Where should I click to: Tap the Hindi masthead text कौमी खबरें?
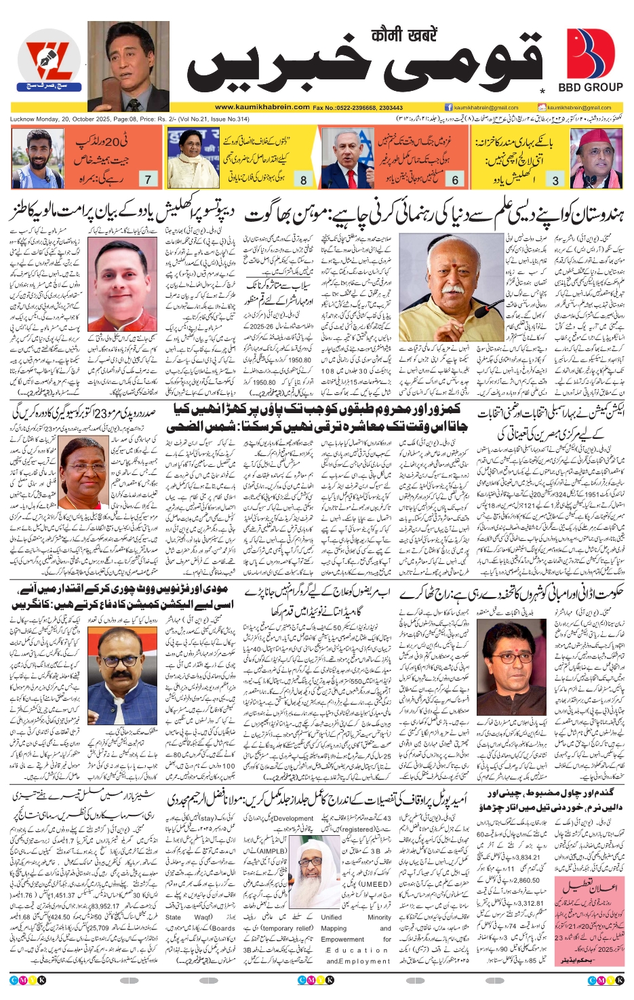click(404, 35)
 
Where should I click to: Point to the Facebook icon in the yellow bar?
click(448, 107)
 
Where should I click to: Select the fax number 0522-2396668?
click(360, 107)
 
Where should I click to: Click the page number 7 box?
click(148, 179)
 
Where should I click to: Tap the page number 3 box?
click(556, 180)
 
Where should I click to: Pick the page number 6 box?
click(455, 180)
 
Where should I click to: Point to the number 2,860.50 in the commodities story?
click(532, 880)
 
